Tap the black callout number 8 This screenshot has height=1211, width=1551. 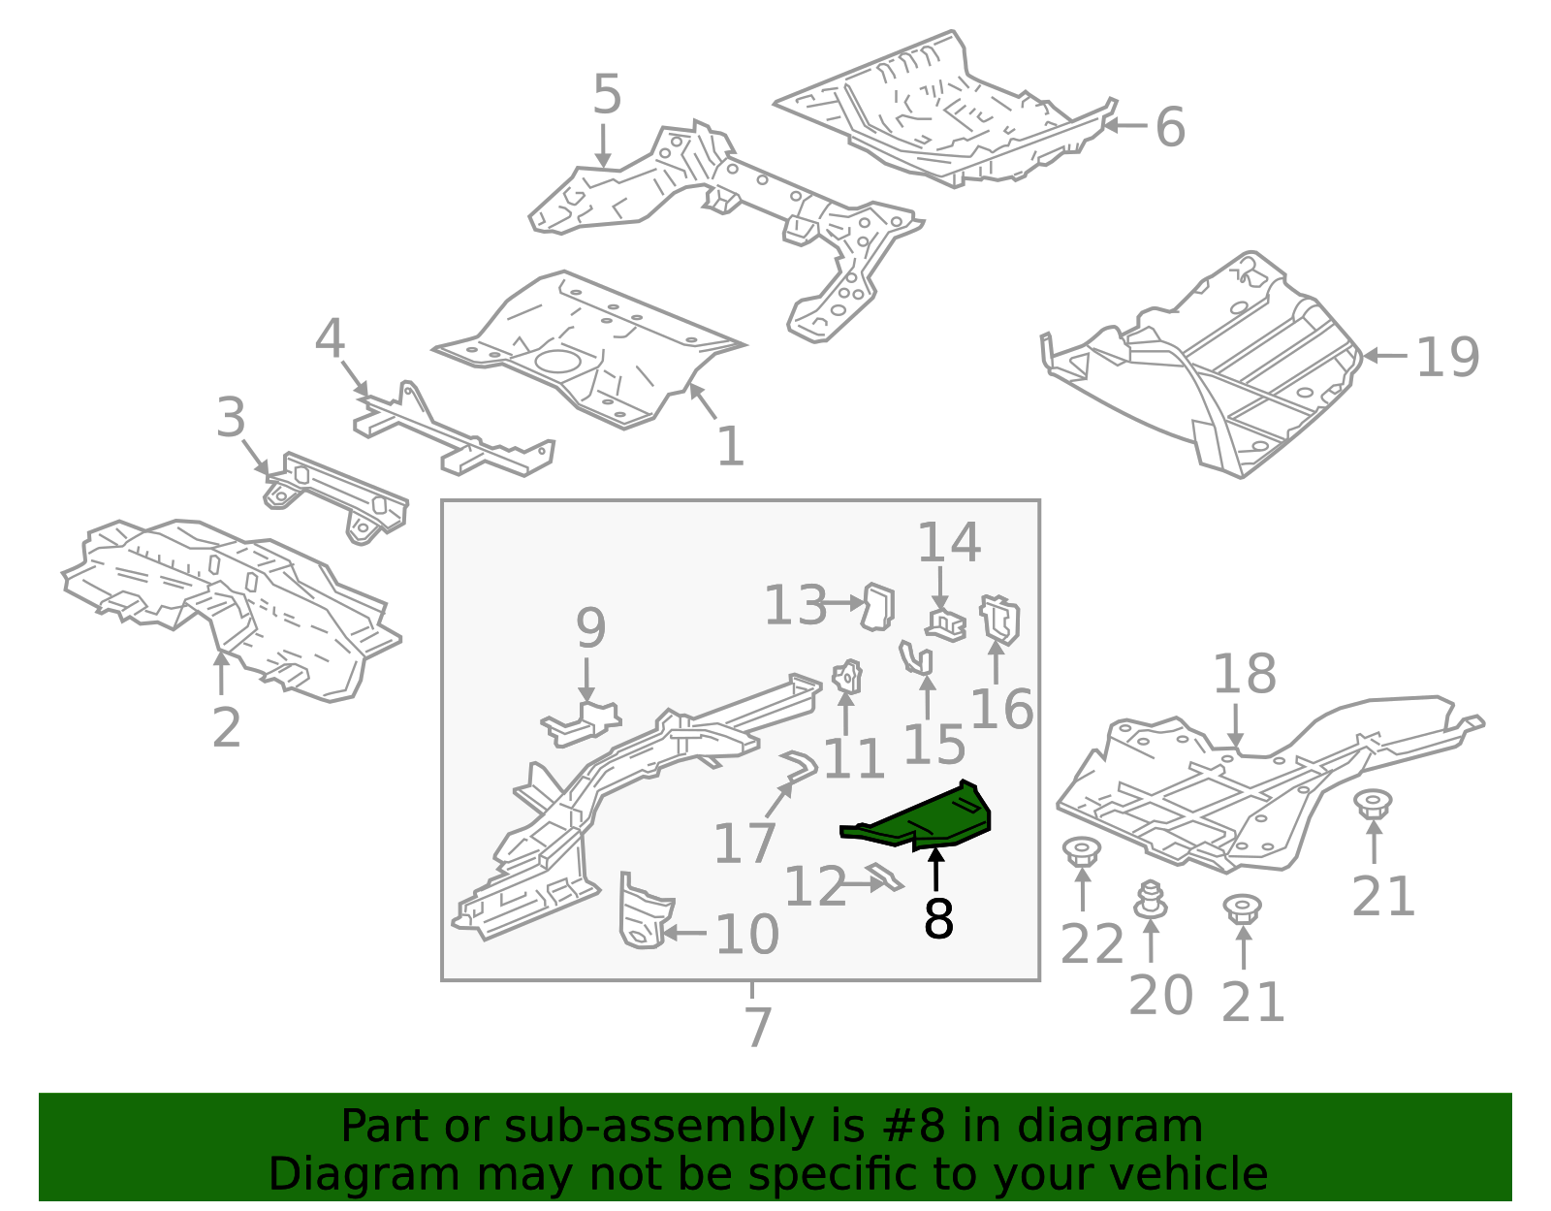coord(938,919)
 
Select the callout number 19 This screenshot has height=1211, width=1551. coord(1447,358)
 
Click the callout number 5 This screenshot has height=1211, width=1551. coord(607,95)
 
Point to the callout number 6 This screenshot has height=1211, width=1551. coord(1170,128)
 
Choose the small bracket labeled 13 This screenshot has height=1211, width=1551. coord(878,607)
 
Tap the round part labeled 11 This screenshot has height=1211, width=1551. coord(848,677)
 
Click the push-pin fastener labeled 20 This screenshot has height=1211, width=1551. coord(1151,900)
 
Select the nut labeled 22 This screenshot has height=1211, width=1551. coord(1082,853)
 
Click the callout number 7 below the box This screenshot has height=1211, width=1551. coord(758,1028)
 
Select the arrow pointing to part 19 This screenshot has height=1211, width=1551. coord(1385,356)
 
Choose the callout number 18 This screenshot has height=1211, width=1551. coord(1245,674)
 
